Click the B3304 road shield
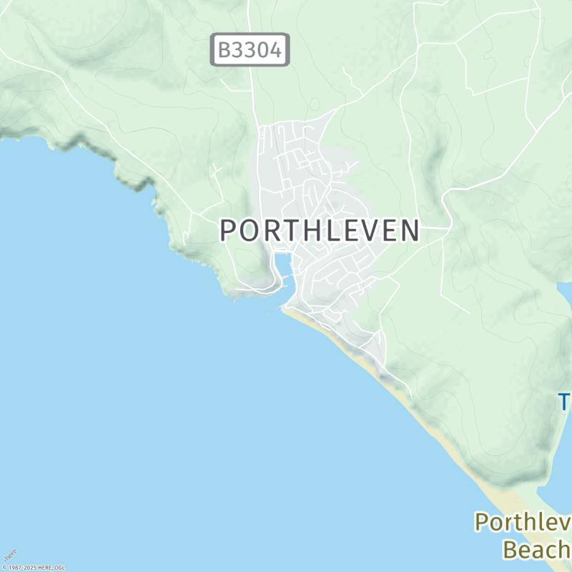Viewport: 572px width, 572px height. tap(250, 50)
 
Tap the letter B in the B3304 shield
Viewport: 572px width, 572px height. tap(224, 50)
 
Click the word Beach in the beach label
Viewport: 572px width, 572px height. tap(537, 549)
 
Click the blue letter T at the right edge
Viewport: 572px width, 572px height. tap(564, 402)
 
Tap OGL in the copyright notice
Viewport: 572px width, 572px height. tap(59, 568)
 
